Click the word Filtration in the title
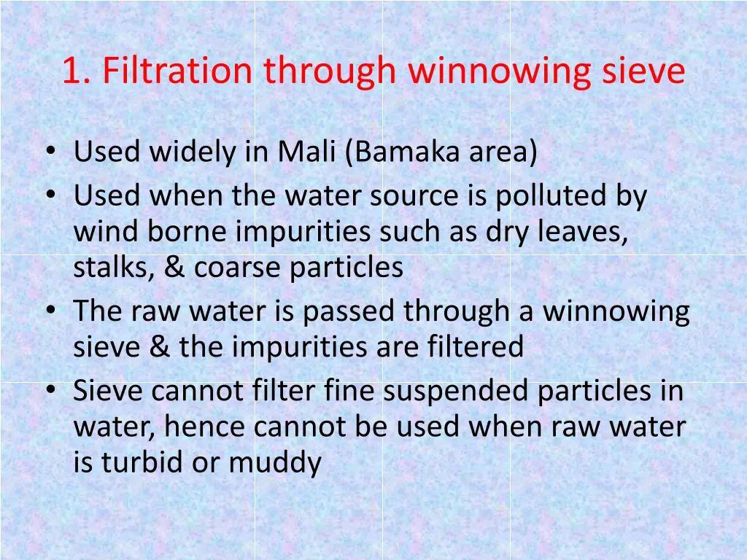[x=178, y=71]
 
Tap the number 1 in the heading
[x=71, y=71]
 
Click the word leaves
[x=584, y=232]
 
